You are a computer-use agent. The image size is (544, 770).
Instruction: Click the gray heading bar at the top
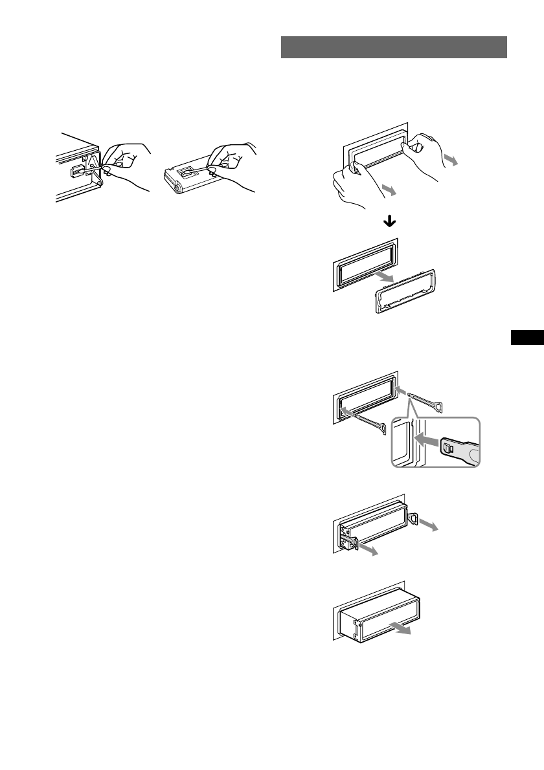(394, 47)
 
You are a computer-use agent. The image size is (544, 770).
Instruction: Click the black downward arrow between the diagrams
(390, 221)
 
